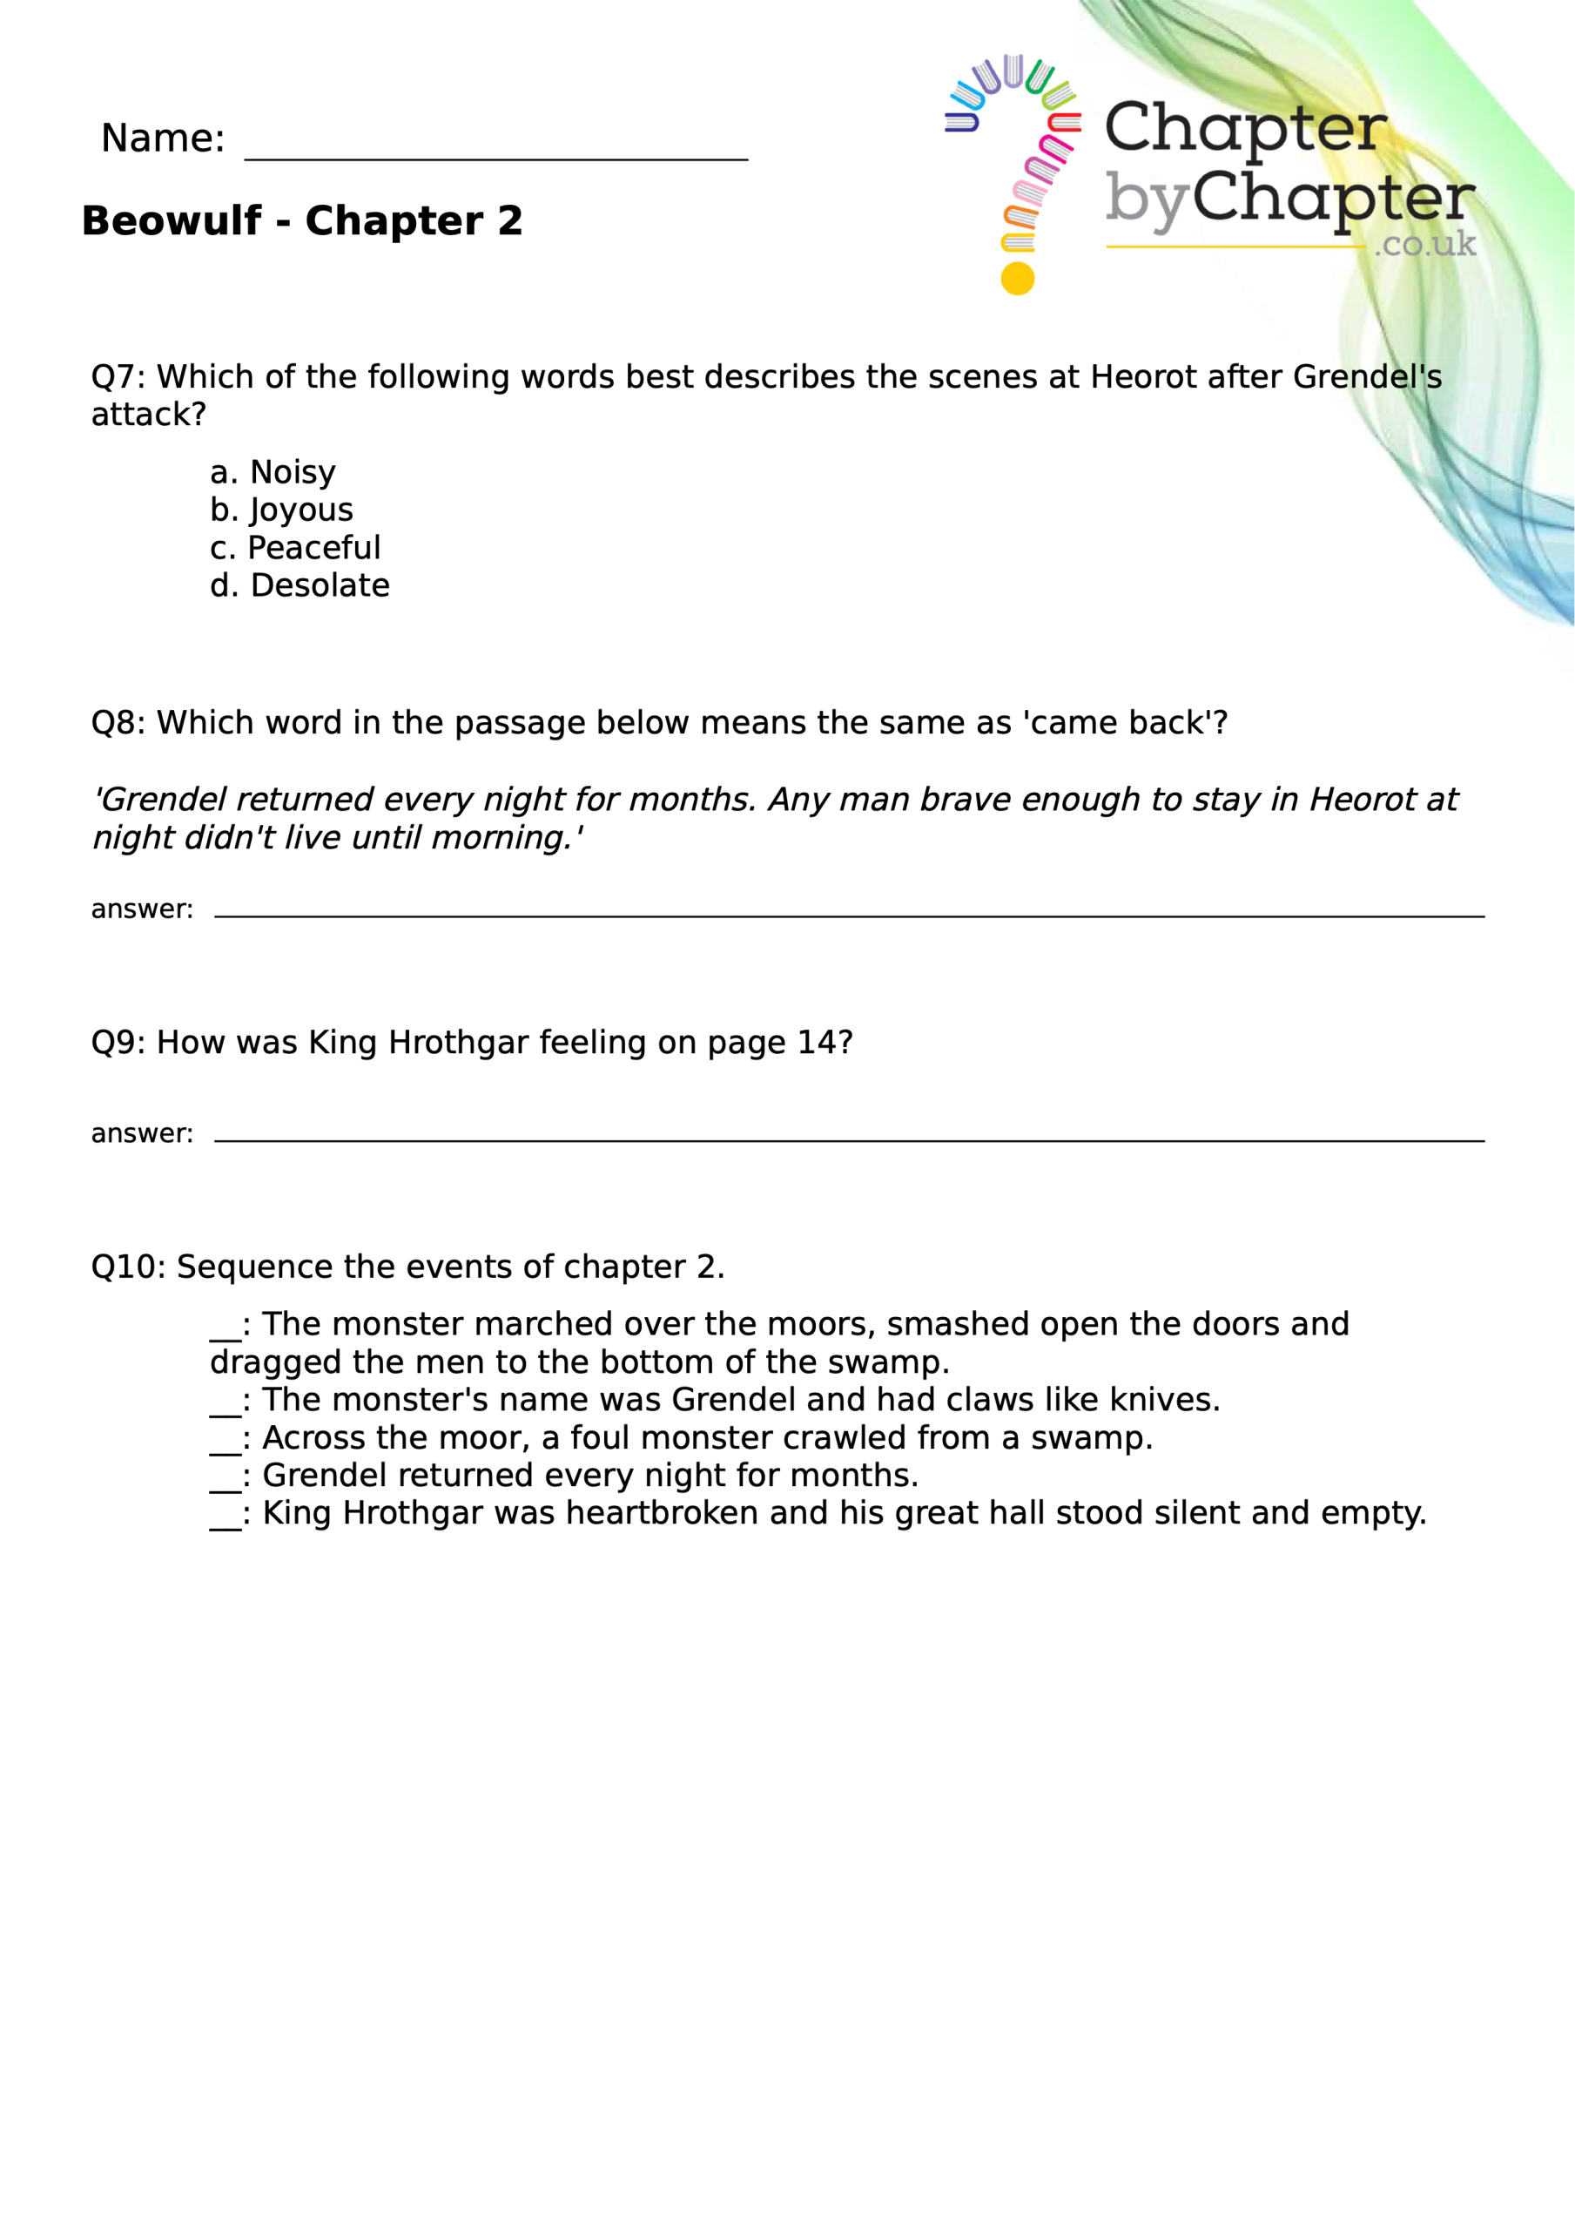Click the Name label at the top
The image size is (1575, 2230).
coord(162,139)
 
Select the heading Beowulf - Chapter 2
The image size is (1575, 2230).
coord(302,221)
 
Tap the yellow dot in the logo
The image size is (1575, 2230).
coord(1017,279)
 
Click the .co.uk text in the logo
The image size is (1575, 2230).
coord(1424,244)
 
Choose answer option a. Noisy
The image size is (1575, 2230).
coord(273,473)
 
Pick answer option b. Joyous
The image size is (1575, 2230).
coord(281,510)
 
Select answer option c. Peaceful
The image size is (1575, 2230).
coord(295,549)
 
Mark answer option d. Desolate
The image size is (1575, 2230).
coord(300,586)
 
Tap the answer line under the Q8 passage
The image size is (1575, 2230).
coord(849,913)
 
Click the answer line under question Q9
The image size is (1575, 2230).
coord(849,1139)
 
